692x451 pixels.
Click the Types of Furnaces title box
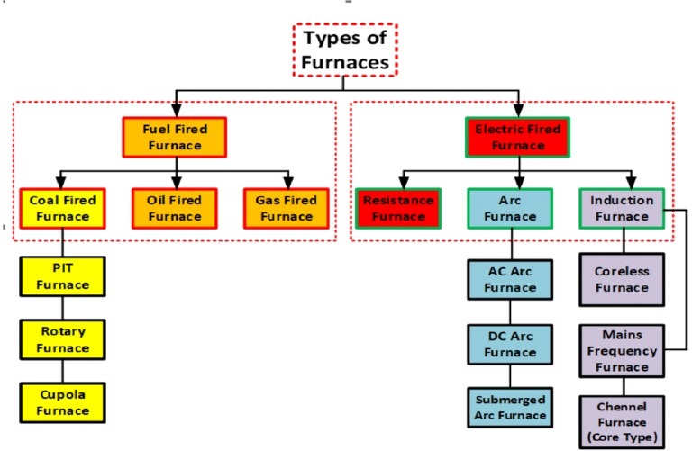[345, 50]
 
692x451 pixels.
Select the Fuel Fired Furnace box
[175, 137]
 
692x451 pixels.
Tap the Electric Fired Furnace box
[518, 137]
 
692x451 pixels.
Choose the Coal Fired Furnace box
[63, 209]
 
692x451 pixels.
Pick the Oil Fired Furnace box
[175, 209]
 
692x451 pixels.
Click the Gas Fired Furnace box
[287, 209]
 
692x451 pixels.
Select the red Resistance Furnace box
[398, 209]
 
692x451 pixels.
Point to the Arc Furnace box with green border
[510, 209]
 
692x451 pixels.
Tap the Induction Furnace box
[622, 209]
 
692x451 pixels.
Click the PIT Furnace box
[63, 276]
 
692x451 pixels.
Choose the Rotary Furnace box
[63, 339]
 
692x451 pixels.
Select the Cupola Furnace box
[63, 403]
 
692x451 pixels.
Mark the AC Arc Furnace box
[510, 280]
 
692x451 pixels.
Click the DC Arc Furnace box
[510, 345]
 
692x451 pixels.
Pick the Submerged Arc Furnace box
[510, 408]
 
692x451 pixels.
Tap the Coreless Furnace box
[622, 279]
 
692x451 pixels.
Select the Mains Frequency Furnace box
[622, 351]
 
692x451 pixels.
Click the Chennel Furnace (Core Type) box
[622, 422]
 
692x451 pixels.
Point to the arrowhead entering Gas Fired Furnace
[288, 183]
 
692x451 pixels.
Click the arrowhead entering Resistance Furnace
[404, 183]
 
